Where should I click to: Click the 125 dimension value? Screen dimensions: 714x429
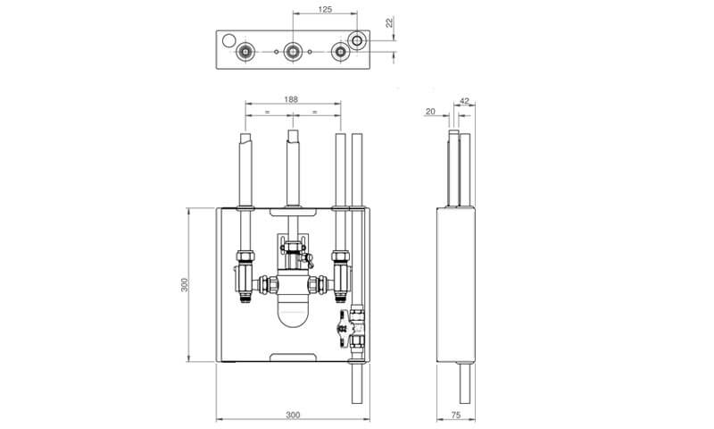pos(325,9)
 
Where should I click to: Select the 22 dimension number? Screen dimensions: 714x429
pos(389,22)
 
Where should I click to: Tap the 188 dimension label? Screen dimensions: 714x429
pos(291,99)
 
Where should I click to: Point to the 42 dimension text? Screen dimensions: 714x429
pos(464,101)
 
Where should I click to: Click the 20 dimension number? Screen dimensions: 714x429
pos(430,111)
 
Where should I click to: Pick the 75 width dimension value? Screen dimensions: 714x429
pos(455,415)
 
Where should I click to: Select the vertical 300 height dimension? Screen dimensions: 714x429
pos(185,285)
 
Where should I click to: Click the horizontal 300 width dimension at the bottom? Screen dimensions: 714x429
pos(293,415)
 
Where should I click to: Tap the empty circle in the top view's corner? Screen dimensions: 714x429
pos(228,40)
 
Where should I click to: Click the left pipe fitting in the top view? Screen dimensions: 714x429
pos(245,52)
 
